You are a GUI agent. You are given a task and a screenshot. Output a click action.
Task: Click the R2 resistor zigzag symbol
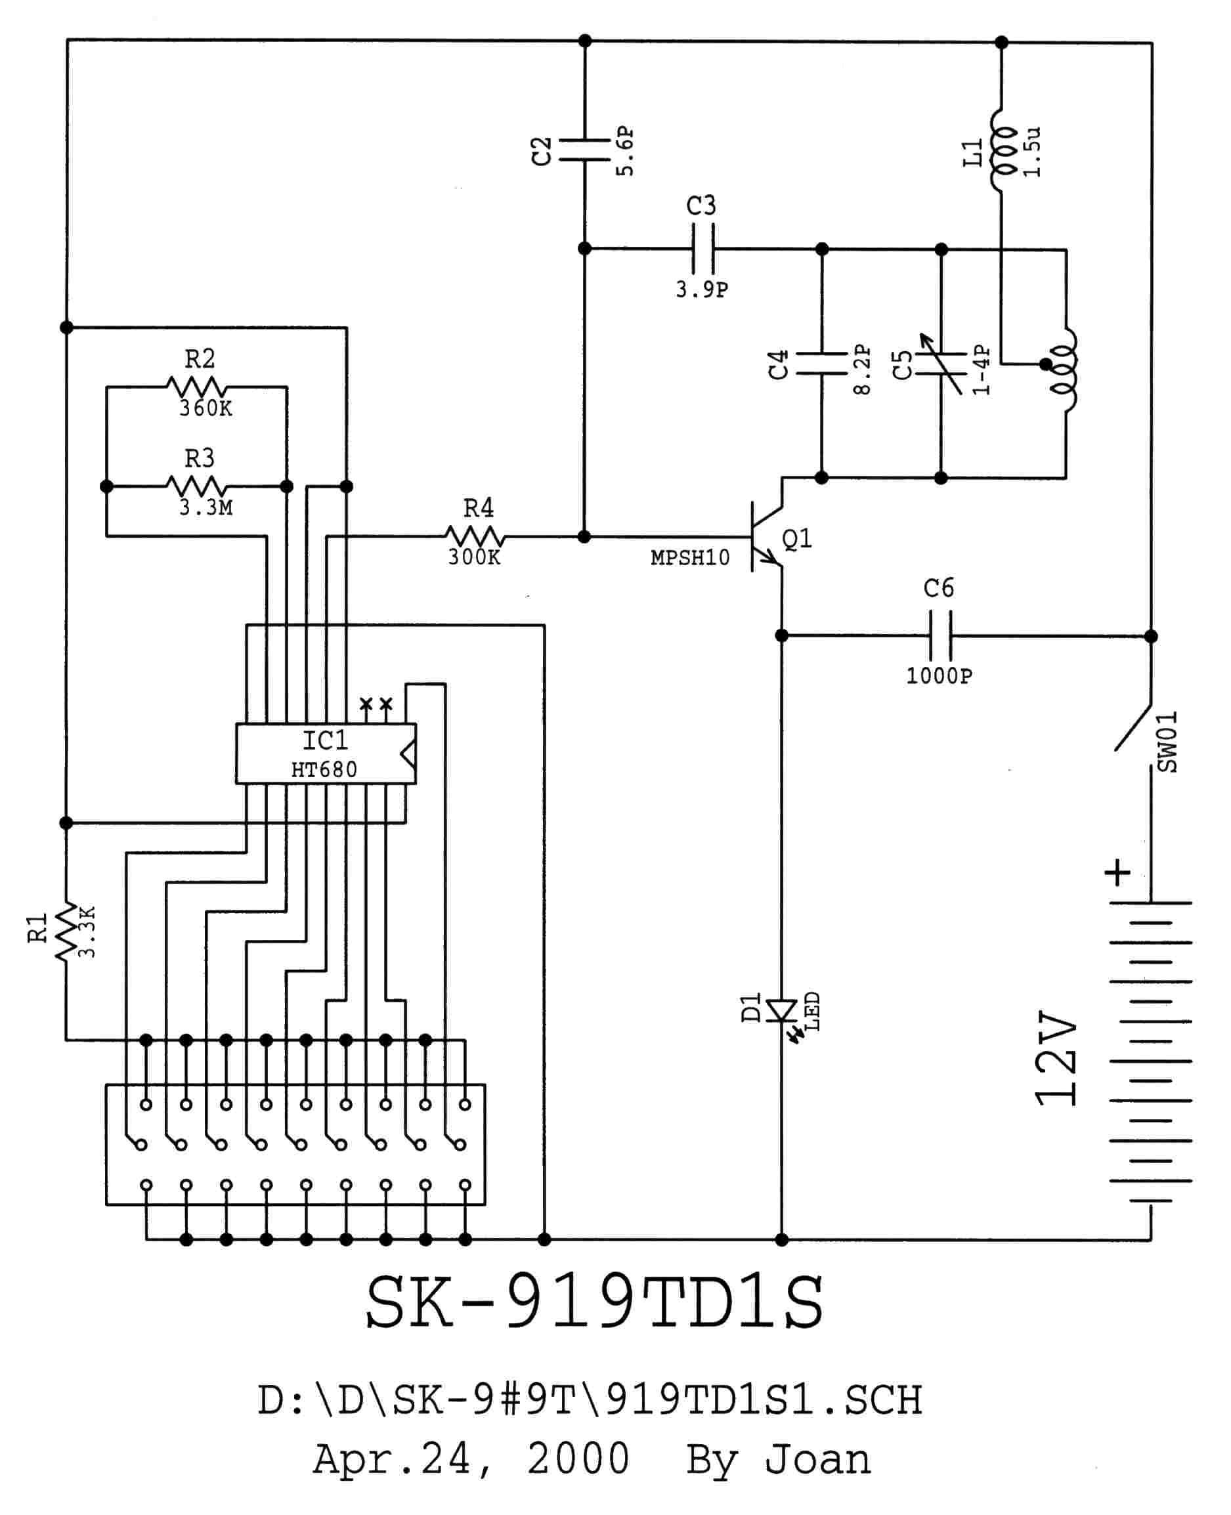click(x=196, y=387)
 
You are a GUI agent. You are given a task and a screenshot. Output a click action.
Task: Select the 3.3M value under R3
click(x=205, y=507)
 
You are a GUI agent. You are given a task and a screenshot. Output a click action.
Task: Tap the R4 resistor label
click(x=479, y=507)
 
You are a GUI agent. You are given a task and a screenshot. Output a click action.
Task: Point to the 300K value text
click(x=473, y=557)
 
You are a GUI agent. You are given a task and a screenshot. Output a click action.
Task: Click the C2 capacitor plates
click(x=584, y=150)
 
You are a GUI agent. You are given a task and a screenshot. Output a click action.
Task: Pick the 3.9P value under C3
click(x=701, y=289)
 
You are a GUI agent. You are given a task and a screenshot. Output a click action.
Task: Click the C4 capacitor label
click(x=779, y=364)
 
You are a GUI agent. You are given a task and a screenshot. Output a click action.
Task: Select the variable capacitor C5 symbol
click(x=941, y=364)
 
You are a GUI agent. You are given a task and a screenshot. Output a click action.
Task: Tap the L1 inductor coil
click(x=1002, y=150)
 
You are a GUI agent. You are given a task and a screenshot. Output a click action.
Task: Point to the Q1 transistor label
click(x=797, y=539)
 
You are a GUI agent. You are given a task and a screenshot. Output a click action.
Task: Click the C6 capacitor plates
click(x=940, y=636)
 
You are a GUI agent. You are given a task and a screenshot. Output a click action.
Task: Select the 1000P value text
click(x=939, y=675)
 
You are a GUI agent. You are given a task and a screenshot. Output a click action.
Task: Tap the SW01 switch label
click(x=1167, y=742)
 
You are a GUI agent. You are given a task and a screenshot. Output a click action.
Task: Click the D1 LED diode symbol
click(x=782, y=1011)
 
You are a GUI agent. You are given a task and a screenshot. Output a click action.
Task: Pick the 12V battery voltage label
click(x=1056, y=1059)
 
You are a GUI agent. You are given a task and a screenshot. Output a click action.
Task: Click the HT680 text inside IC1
click(x=324, y=769)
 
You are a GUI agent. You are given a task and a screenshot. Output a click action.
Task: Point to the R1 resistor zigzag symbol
click(x=66, y=931)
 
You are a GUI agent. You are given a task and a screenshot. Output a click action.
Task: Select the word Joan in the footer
click(x=817, y=1459)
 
